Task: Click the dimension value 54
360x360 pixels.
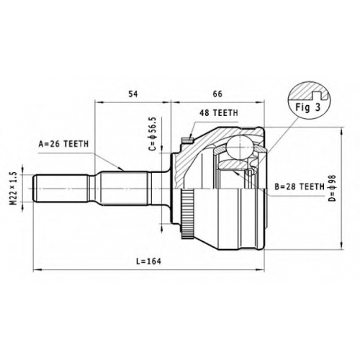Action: pos(133,94)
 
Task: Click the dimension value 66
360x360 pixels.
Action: pos(217,94)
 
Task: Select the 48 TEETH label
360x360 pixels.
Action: pos(219,113)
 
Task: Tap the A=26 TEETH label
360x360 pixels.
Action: pos(63,144)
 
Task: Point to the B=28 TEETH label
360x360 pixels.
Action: pos(300,186)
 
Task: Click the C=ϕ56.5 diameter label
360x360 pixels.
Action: pos(153,134)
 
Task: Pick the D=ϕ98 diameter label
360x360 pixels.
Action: pos(333,188)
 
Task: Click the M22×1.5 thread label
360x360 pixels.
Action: pos(13,188)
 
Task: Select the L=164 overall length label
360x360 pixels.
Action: pos(148,261)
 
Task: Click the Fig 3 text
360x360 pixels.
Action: pos(308,107)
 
